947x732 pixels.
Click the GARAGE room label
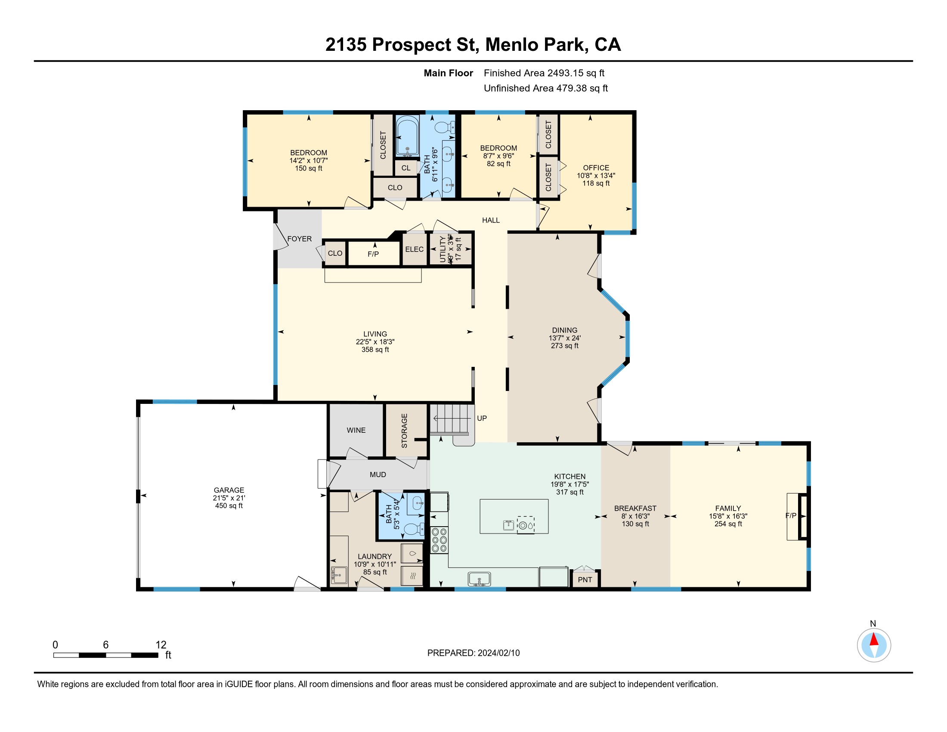pyautogui.click(x=229, y=490)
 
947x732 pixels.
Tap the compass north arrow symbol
pyautogui.click(x=874, y=645)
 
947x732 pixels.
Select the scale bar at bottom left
pyautogui.click(x=105, y=655)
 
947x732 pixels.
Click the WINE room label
pyautogui.click(x=356, y=430)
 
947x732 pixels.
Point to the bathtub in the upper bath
pyautogui.click(x=407, y=136)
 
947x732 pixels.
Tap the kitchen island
pyautogui.click(x=514, y=516)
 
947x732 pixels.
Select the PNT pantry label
pyautogui.click(x=585, y=580)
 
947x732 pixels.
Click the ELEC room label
pyautogui.click(x=414, y=249)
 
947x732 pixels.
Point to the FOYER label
pyautogui.click(x=299, y=239)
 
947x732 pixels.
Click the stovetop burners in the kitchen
pyautogui.click(x=439, y=540)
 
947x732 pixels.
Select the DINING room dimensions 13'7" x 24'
pyautogui.click(x=565, y=338)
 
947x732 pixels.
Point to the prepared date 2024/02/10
pyautogui.click(x=498, y=653)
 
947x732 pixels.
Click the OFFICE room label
pyautogui.click(x=596, y=168)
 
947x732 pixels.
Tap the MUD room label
pyautogui.click(x=378, y=475)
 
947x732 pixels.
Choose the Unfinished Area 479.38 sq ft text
pyautogui.click(x=545, y=88)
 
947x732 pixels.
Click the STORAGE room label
pyautogui.click(x=405, y=431)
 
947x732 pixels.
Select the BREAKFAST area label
pyautogui.click(x=635, y=508)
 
